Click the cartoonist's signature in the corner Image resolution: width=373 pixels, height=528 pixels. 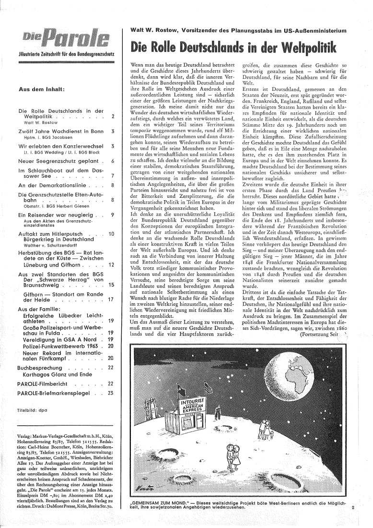[x=141, y=488]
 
